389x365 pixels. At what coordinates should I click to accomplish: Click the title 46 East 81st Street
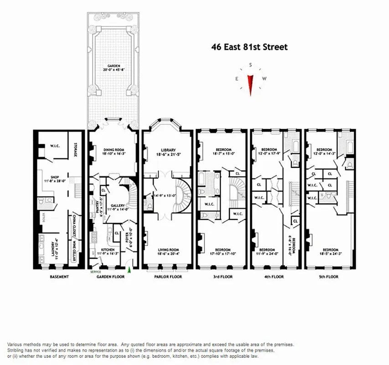point(249,47)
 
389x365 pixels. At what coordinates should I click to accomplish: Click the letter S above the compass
point(250,65)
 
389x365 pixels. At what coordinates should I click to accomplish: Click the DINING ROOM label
point(112,150)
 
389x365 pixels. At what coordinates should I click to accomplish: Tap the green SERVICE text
point(95,272)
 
